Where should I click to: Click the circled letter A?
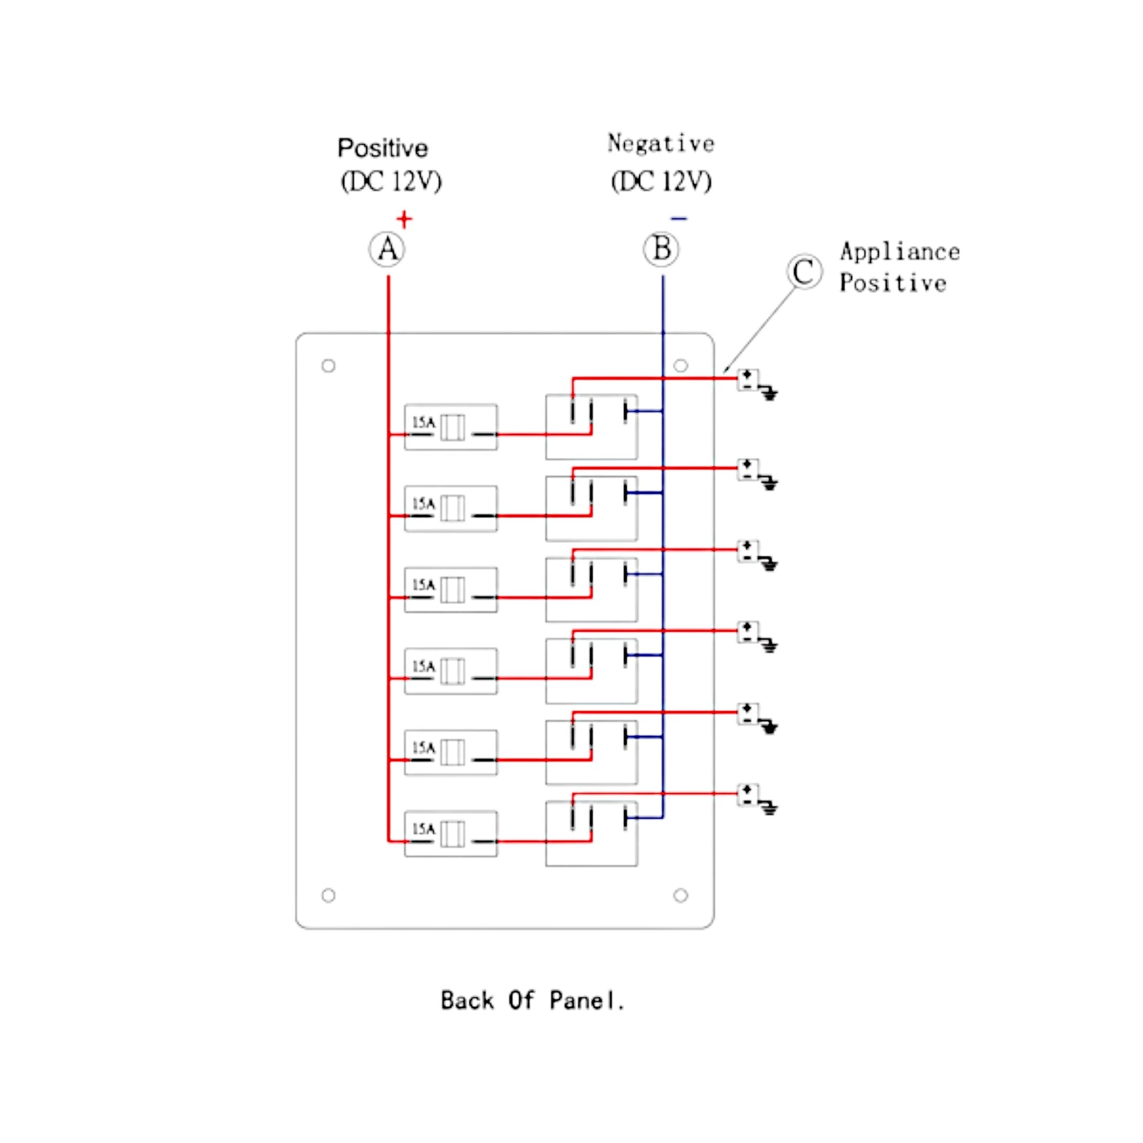(x=387, y=249)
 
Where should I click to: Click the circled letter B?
(x=661, y=249)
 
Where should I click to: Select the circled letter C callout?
(x=804, y=271)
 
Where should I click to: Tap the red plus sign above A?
(x=404, y=220)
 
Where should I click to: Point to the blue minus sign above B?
(x=678, y=219)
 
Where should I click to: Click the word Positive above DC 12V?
(x=382, y=148)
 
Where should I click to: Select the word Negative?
(x=661, y=144)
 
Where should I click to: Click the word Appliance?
(x=899, y=252)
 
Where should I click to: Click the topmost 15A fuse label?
(x=423, y=422)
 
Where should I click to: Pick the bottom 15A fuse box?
(x=451, y=833)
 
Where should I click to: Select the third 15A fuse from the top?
(x=451, y=590)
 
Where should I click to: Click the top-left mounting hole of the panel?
(x=328, y=365)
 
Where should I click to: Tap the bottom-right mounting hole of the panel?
(x=680, y=895)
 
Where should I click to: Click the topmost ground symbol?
(x=769, y=393)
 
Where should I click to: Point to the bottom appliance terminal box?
(x=748, y=795)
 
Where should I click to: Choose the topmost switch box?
(x=591, y=426)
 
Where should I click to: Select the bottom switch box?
(x=591, y=833)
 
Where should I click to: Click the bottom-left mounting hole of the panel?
(x=328, y=895)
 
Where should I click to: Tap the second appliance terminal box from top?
(x=748, y=470)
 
